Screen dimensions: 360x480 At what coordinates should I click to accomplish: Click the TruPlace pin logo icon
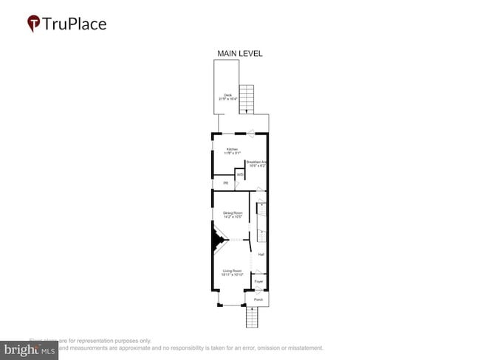tap(34, 24)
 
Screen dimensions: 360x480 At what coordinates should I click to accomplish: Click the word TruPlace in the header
tap(75, 24)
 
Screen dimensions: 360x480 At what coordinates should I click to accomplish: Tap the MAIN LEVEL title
tap(239, 54)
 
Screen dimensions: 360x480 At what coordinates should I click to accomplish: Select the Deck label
tap(227, 94)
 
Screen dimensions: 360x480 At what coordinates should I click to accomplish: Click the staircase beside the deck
tap(247, 98)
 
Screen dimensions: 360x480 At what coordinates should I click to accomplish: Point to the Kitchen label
tap(232, 150)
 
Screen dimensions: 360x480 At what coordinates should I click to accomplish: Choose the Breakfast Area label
tap(256, 162)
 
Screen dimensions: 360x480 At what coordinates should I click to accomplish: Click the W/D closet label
tap(240, 174)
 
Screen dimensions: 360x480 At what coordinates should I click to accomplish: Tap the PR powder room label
tap(226, 182)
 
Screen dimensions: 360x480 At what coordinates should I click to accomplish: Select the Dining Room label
tap(233, 213)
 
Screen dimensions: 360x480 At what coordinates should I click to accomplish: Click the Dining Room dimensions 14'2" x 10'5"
tap(233, 218)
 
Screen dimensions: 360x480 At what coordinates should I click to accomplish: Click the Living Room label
tap(233, 271)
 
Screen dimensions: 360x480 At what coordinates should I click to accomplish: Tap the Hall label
tap(261, 255)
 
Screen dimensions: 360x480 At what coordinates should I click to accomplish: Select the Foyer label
tap(258, 282)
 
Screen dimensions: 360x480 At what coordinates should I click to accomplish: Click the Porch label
tap(258, 300)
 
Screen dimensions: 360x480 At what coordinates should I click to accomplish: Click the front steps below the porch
tap(253, 318)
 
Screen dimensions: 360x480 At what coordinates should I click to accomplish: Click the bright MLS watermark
tap(30, 349)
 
